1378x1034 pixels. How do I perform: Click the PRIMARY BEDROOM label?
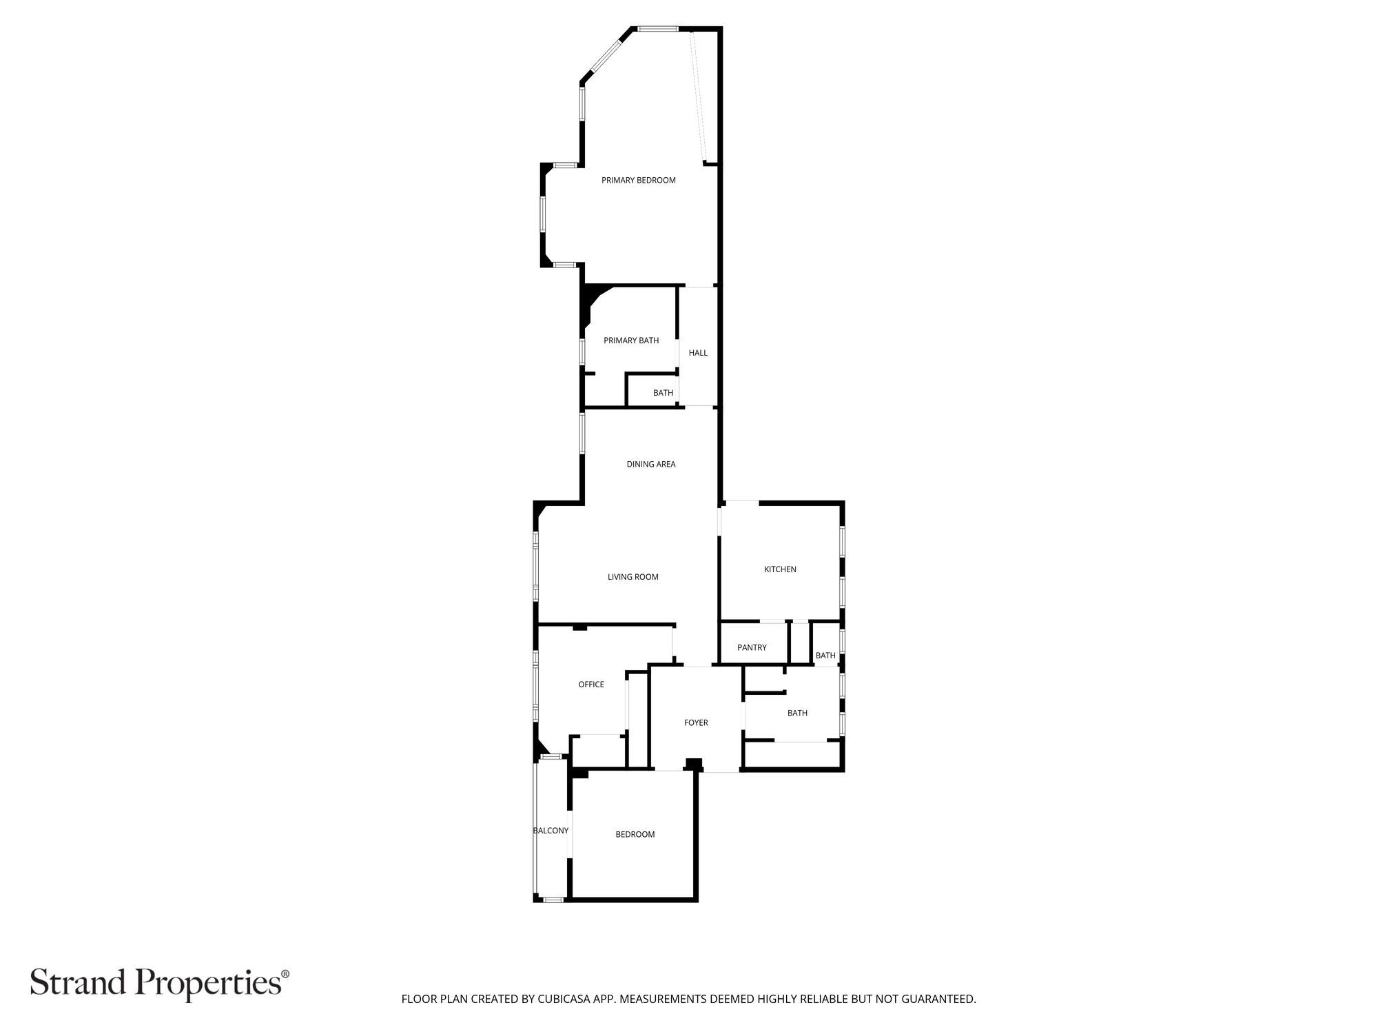pos(638,181)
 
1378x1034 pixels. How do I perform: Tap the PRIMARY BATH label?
pos(630,341)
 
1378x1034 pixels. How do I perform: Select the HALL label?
pos(697,353)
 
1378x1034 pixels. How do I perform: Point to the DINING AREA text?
pos(650,465)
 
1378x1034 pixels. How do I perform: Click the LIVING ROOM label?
pos(633,577)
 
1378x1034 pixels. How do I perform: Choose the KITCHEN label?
pos(779,569)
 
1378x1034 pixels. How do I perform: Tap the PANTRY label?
pos(751,648)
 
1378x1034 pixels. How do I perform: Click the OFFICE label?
pos(590,685)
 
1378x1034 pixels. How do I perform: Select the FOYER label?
pos(695,723)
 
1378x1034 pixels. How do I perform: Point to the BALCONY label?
pos(551,831)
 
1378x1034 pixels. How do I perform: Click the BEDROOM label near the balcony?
pos(635,835)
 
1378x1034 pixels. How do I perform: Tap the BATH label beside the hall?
pos(663,393)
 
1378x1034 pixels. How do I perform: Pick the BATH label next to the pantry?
pos(825,656)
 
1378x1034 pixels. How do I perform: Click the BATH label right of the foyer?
pos(796,713)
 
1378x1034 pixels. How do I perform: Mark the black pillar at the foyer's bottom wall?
pos(693,764)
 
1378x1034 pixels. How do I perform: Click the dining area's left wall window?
pos(582,432)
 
